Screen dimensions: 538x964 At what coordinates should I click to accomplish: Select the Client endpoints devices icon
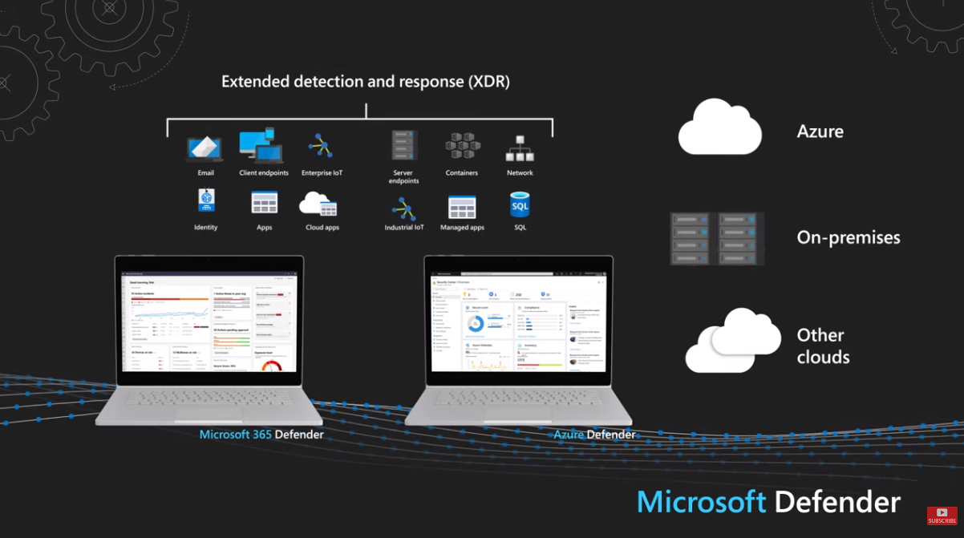[x=262, y=145]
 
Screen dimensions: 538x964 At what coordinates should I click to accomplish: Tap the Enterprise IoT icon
[x=321, y=146]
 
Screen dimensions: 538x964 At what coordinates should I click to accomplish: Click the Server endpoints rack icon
[x=404, y=146]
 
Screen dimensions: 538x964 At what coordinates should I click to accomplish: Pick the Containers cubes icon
[x=462, y=147]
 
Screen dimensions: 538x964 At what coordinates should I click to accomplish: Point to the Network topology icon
[x=520, y=148]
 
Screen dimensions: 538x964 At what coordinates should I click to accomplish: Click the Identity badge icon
[x=206, y=200]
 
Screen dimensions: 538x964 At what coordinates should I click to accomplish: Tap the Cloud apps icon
[x=318, y=204]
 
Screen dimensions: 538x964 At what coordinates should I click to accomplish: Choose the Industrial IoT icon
[x=403, y=208]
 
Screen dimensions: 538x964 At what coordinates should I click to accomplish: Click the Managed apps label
[x=462, y=228]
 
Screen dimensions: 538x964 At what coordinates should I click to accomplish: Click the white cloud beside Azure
[x=719, y=128]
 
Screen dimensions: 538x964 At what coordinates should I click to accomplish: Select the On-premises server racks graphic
[x=717, y=238]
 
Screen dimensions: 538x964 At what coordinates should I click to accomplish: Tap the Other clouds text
[x=822, y=346]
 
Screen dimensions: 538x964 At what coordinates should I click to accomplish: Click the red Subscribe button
[x=942, y=516]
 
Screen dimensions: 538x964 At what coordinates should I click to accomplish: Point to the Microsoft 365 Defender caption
[x=261, y=435]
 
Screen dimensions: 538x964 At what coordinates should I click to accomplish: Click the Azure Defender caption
[x=594, y=435]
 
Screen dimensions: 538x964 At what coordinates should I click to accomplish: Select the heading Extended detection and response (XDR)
[x=366, y=82]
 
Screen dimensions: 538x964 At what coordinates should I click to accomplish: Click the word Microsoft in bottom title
[x=701, y=502]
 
